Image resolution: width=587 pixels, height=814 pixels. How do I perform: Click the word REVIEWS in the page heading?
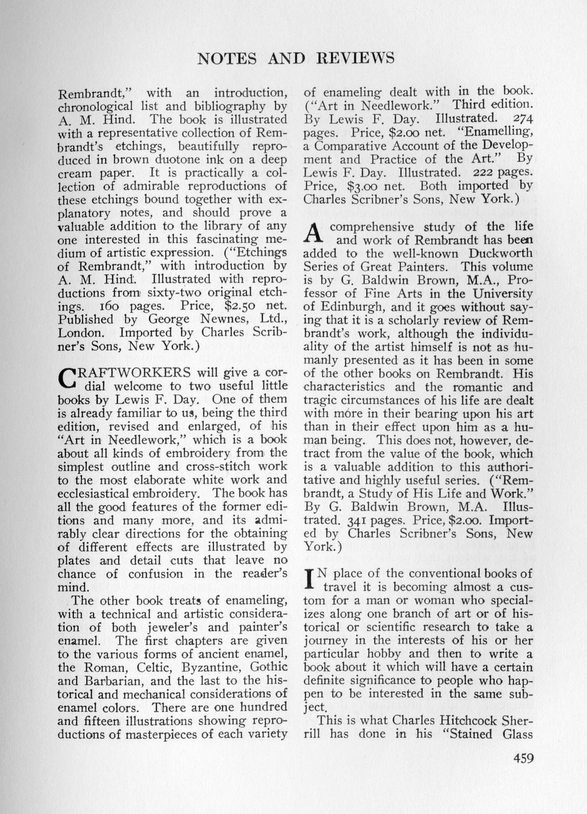pos(356,58)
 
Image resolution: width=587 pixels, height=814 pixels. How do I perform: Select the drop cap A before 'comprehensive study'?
pos(314,233)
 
